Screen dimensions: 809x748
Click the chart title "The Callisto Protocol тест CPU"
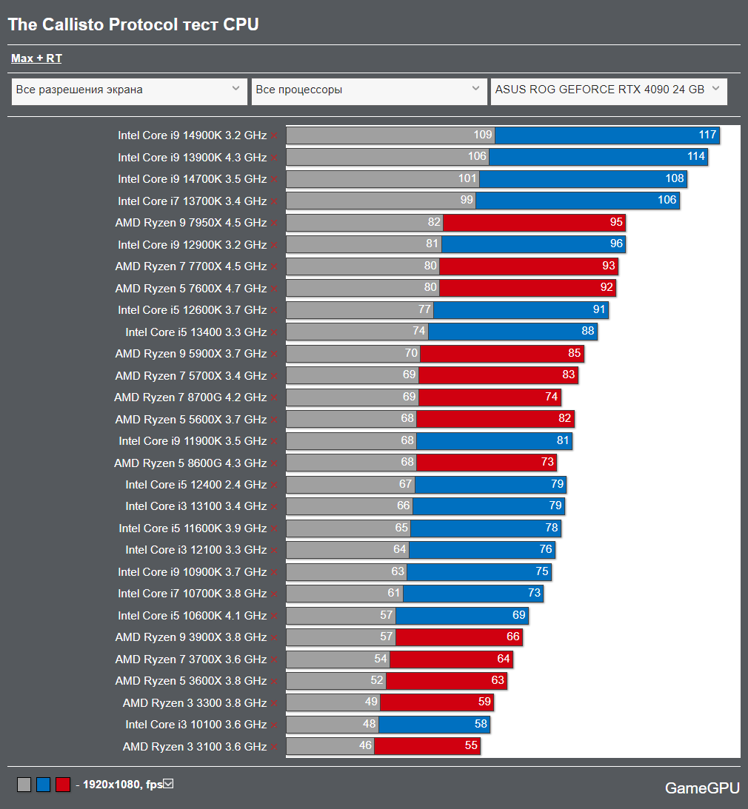133,24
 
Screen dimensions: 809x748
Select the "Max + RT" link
36,58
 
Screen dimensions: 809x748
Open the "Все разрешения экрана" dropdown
130,90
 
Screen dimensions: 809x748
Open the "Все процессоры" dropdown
369,90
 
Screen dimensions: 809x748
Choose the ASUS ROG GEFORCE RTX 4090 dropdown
609,90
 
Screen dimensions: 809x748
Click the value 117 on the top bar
707,135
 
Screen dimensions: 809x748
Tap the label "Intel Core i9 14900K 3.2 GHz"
192,135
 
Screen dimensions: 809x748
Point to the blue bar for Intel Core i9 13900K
598,157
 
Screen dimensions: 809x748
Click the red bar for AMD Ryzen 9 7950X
533,222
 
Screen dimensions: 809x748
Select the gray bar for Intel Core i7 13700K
381,201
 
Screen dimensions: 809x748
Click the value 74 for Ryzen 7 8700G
551,397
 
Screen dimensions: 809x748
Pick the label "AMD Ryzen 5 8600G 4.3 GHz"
190,463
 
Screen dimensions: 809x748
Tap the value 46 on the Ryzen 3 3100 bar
365,745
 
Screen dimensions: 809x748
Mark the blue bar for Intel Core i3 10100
434,724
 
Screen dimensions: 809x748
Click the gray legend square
24,785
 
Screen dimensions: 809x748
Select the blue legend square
43,785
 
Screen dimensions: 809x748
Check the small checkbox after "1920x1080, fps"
168,784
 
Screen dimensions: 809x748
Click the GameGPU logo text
702,788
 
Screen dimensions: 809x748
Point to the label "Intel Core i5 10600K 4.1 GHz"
192,615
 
